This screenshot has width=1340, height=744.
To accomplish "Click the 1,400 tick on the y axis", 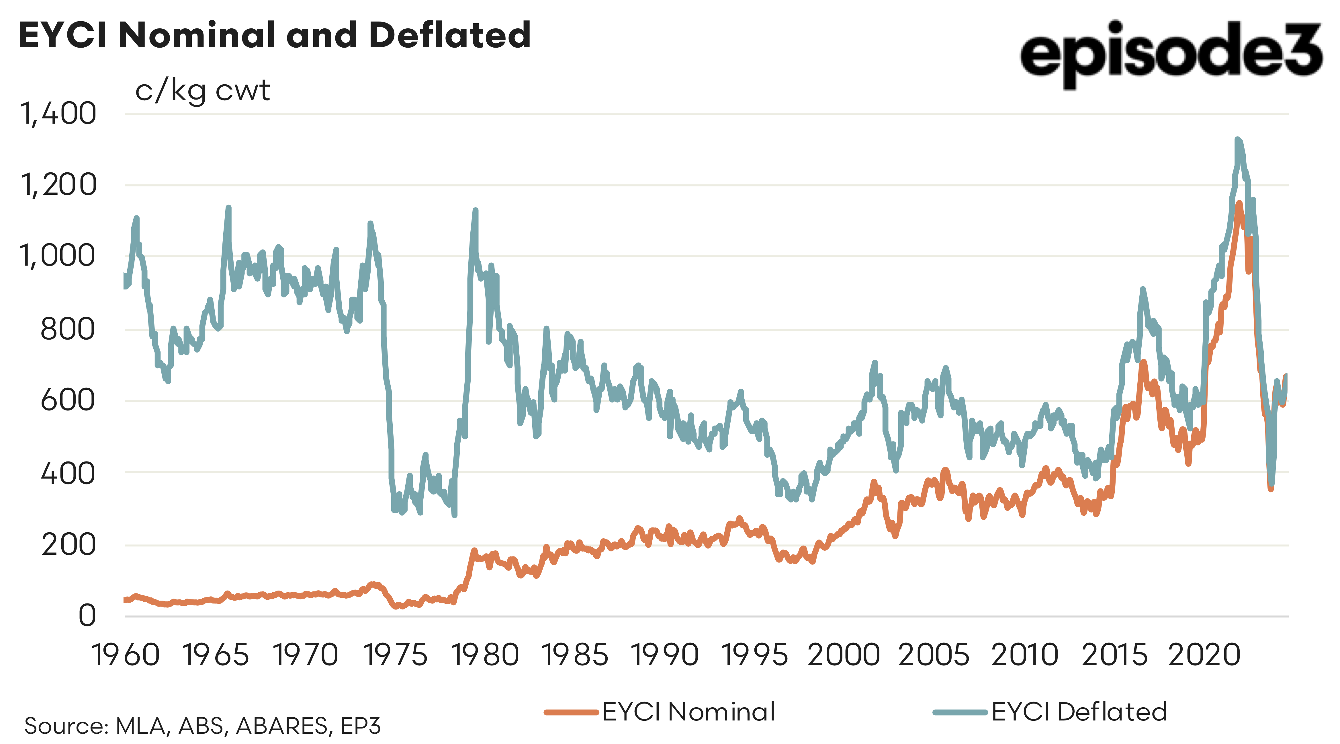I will click(58, 114).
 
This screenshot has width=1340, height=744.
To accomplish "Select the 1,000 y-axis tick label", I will click(58, 256).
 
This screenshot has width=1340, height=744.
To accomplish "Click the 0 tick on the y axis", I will click(87, 616).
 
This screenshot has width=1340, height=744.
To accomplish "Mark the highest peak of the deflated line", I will click(1237, 139).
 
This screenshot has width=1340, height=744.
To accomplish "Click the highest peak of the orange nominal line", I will click(1239, 203).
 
